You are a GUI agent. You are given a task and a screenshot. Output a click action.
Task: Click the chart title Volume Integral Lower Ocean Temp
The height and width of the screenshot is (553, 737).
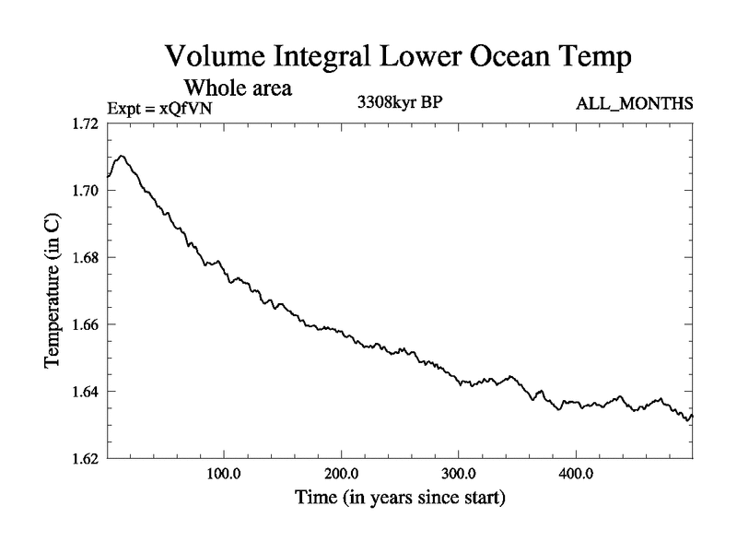[398, 56]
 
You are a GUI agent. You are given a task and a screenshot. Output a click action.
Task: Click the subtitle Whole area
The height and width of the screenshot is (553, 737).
[239, 88]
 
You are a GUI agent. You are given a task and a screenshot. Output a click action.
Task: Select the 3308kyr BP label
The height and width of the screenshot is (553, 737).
[400, 103]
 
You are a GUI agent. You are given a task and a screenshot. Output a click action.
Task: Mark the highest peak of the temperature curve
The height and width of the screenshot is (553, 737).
[122, 156]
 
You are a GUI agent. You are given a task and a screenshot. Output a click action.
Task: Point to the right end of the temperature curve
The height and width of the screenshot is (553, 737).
[692, 416]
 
